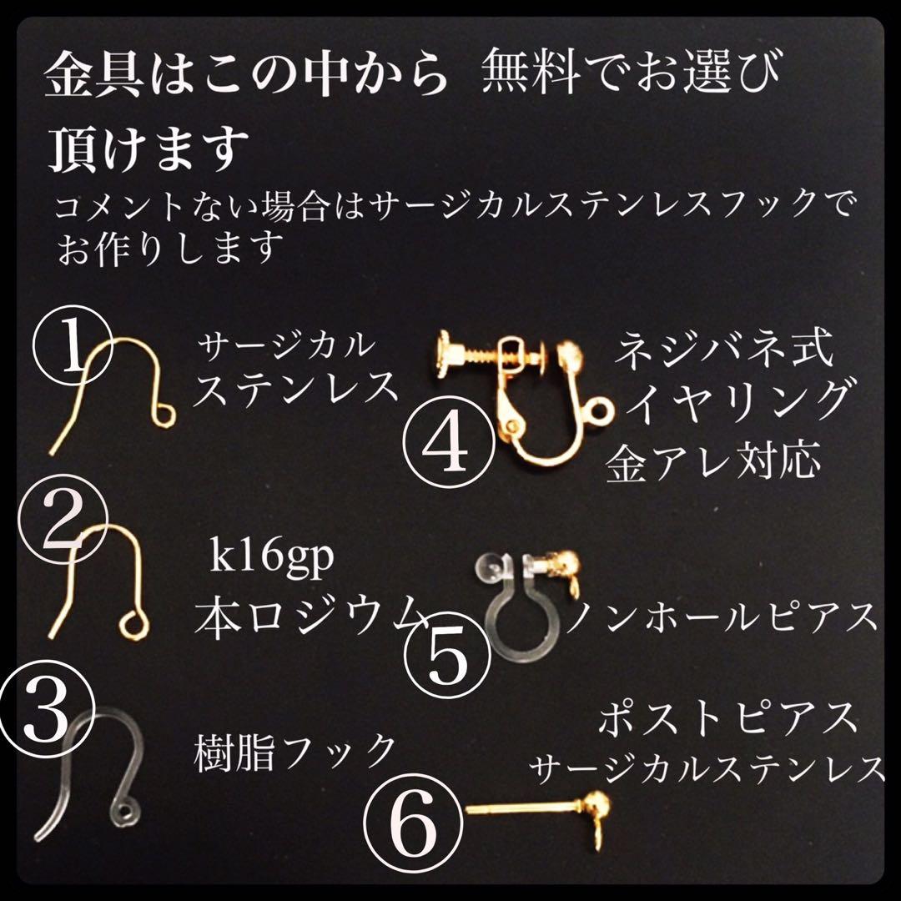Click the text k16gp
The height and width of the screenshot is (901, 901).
click(x=272, y=557)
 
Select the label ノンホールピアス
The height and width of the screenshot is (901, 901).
click(x=722, y=618)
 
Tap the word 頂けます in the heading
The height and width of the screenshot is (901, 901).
click(x=150, y=150)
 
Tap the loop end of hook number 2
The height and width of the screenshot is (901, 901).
click(x=131, y=622)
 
